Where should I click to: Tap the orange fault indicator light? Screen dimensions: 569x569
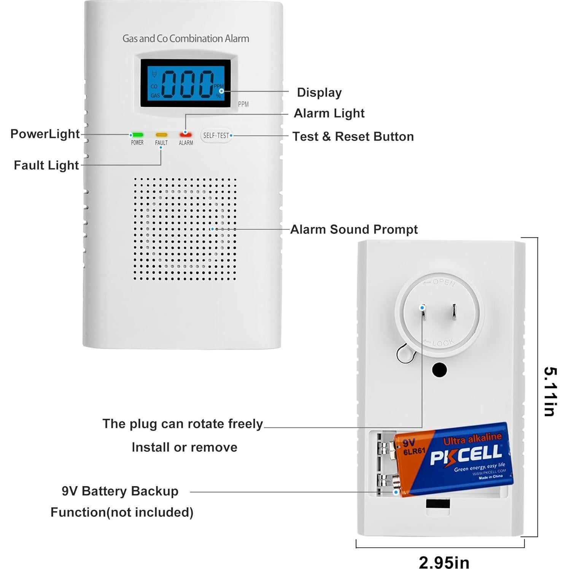[x=161, y=135]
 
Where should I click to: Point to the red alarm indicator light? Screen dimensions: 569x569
[x=186, y=135]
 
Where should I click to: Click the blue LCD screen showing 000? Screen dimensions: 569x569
[x=186, y=83]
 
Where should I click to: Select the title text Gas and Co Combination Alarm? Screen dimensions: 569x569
[x=186, y=38]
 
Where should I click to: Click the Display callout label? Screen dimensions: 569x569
[x=319, y=92]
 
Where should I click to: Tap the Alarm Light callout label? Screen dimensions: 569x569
[x=329, y=113]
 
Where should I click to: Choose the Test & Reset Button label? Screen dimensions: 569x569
[x=353, y=137]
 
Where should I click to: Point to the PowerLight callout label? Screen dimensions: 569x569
[x=45, y=134]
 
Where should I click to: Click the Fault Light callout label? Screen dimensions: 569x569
[x=46, y=165]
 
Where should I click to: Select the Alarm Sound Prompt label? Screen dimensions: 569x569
[x=354, y=229]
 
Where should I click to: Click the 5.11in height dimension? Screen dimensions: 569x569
[x=550, y=391]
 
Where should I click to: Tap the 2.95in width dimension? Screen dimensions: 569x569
[x=444, y=562]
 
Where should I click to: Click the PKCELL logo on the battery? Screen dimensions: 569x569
[x=466, y=455]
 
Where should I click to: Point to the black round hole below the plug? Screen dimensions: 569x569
[x=439, y=370]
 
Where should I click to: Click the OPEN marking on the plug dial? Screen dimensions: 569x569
[x=443, y=282]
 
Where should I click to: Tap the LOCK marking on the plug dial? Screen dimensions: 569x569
[x=443, y=343]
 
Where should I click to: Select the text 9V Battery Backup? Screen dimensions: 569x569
[x=120, y=491]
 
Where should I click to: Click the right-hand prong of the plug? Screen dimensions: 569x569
[x=454, y=312]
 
